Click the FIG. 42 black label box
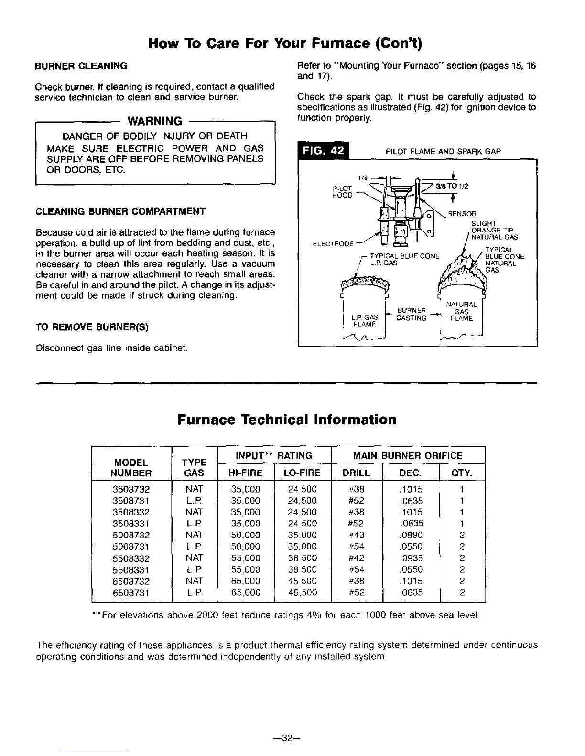pos(324,151)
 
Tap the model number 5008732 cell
pos(131,535)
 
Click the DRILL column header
pos(357,473)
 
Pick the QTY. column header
pos(462,473)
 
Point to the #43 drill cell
pos(357,535)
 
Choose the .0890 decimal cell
pos(412,535)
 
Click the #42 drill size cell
pos(357,558)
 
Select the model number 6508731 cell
pos(131,593)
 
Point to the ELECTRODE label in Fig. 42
pos(333,244)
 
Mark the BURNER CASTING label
pos(412,315)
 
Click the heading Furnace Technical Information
pos(287,420)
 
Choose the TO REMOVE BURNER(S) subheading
pos(92,327)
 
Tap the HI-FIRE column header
pos(246,473)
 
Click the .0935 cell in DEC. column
pos(412,558)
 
